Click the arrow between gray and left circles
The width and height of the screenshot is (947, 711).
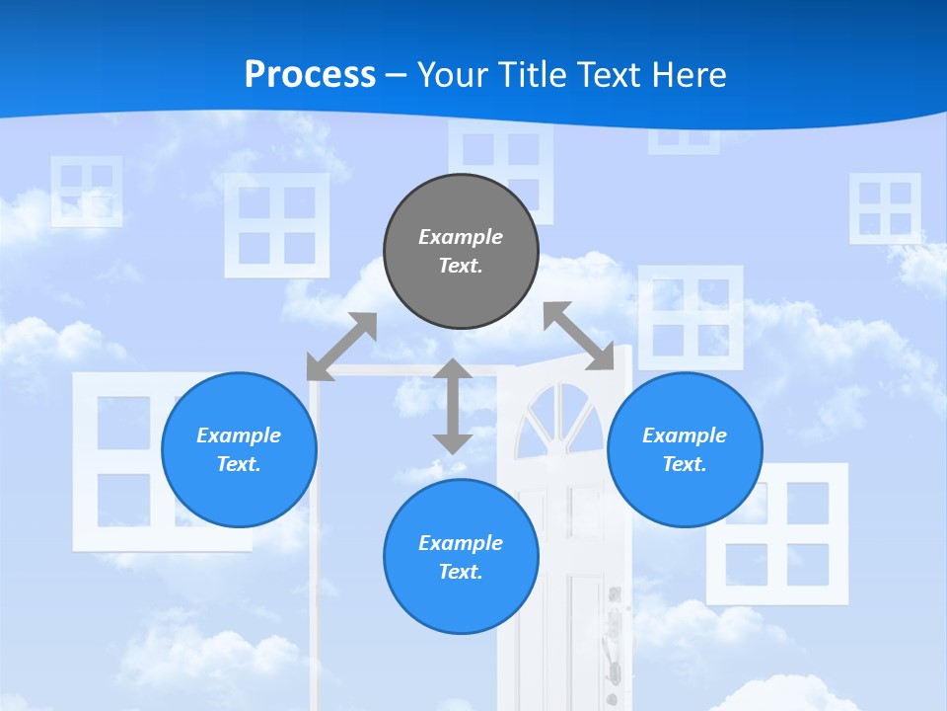click(341, 347)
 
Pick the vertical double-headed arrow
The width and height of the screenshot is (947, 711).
click(453, 406)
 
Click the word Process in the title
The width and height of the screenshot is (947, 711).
click(310, 74)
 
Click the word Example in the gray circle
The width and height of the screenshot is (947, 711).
click(461, 237)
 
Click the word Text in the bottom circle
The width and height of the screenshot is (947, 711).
click(459, 572)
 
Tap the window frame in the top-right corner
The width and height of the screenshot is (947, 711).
click(885, 208)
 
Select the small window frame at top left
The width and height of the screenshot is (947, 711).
click(87, 191)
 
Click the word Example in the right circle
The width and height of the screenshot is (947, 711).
click(685, 435)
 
